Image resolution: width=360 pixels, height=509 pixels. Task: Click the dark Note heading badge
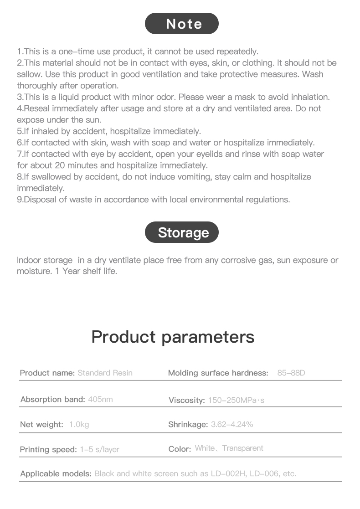pos(182,24)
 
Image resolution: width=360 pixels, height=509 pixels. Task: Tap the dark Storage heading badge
pos(182,232)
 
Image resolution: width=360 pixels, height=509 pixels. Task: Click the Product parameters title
pos(173,337)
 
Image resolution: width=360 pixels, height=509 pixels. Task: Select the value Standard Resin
pos(105,373)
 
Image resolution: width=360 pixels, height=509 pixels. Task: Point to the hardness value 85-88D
pos(291,373)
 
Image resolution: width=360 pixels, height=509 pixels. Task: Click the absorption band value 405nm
pos(100,399)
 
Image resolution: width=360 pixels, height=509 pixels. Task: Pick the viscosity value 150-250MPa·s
pos(236,401)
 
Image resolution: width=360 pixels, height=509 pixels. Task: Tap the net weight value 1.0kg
pos(79,424)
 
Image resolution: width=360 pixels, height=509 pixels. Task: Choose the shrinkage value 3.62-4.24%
pos(232,424)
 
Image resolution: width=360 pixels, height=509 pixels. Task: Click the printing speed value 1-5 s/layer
pos(99,449)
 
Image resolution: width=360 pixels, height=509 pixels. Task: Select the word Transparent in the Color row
pos(243,448)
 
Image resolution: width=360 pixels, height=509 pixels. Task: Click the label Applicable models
pos(56,473)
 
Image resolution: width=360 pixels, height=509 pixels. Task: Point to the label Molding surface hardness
pos(218,373)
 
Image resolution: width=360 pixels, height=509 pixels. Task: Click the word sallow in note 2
pos(28,74)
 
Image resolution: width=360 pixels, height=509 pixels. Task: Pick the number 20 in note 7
pos(60,165)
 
